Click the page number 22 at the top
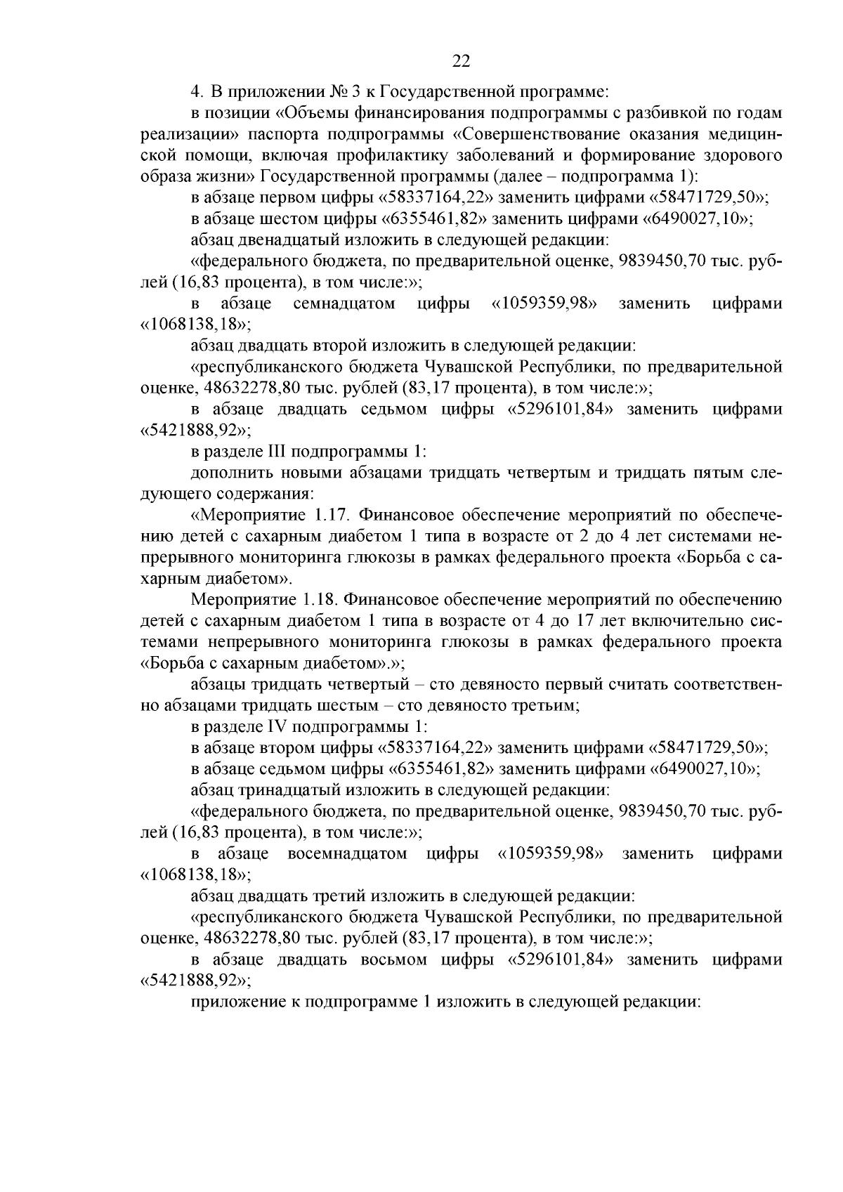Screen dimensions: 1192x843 point(461,61)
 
